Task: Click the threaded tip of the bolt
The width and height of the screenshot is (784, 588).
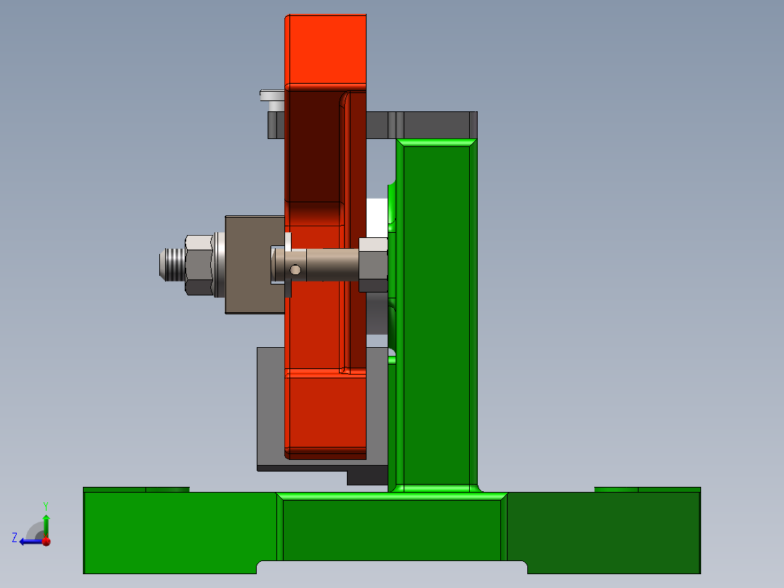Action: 169,263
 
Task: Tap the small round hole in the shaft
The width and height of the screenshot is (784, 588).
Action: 295,270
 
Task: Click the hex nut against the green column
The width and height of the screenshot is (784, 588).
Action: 373,264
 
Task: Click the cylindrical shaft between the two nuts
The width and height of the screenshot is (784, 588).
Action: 332,264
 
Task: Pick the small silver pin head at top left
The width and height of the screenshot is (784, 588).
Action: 271,95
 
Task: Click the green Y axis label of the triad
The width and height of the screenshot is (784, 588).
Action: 45,505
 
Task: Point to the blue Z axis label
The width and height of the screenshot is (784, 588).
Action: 15,538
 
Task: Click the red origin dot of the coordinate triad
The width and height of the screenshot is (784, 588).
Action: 46,541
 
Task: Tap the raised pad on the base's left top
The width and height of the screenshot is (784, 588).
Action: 136,490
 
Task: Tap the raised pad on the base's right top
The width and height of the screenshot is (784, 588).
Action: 647,490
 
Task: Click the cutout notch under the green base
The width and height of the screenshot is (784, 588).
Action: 392,567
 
